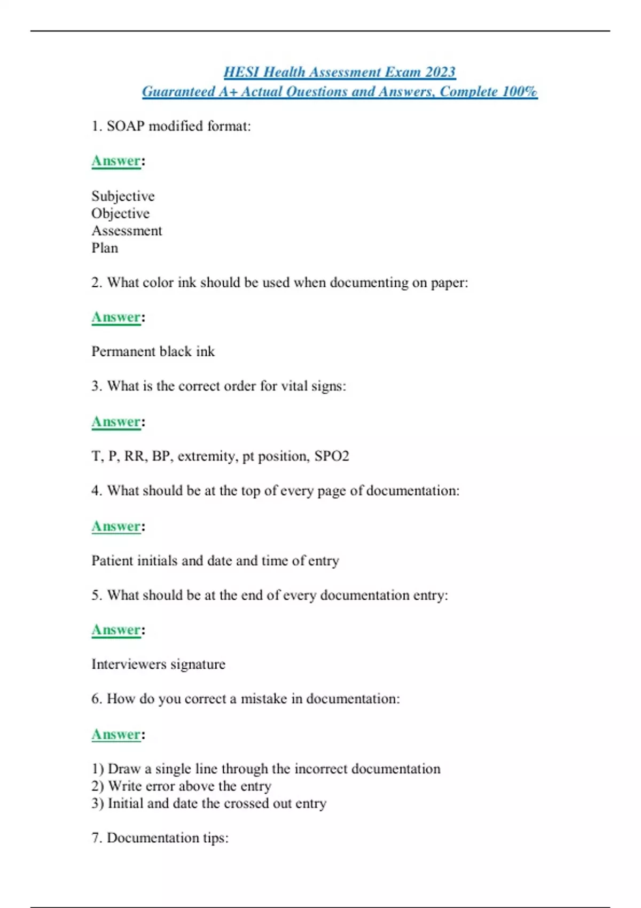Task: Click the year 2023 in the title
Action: click(x=440, y=72)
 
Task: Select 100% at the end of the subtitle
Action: click(x=519, y=92)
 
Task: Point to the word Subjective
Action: click(x=123, y=197)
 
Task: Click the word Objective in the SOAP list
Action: click(x=120, y=214)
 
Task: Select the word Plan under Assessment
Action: click(x=105, y=248)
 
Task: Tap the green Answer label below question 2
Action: click(x=116, y=317)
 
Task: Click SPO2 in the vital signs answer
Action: click(x=332, y=456)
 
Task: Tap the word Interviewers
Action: click(x=129, y=664)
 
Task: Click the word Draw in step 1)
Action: click(x=124, y=769)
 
